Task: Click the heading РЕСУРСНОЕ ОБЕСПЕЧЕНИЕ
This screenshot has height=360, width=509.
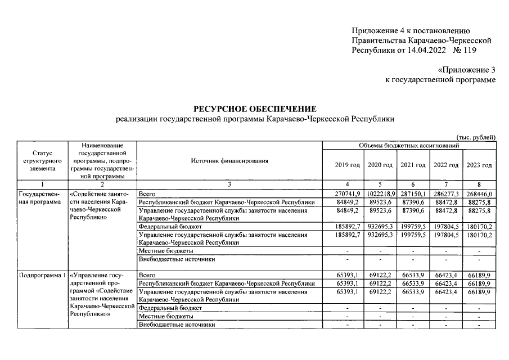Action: pyautogui.click(x=255, y=109)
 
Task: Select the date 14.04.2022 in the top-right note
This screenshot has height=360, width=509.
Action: pyautogui.click(x=418, y=51)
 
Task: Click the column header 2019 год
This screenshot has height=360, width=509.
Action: pyautogui.click(x=347, y=165)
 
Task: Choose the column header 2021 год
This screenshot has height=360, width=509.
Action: pyautogui.click(x=413, y=165)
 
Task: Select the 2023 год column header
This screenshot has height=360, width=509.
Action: pyautogui.click(x=479, y=165)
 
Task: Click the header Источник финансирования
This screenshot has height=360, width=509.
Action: pyautogui.click(x=229, y=161)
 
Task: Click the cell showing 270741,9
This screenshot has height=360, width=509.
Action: pyautogui.click(x=347, y=193)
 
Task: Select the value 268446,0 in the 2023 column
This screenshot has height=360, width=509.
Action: pyautogui.click(x=479, y=193)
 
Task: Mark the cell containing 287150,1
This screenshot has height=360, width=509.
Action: pyautogui.click(x=413, y=193)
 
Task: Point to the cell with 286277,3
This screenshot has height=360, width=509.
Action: pyautogui.click(x=446, y=193)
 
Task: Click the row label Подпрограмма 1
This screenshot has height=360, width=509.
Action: pyautogui.click(x=42, y=275)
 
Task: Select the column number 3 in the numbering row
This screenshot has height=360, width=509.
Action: pyautogui.click(x=229, y=184)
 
